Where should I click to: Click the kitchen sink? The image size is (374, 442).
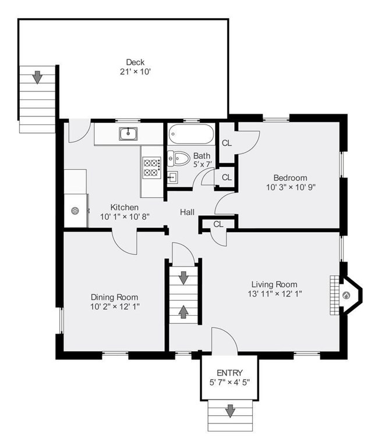point(128,134)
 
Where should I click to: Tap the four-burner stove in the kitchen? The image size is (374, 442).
point(152,167)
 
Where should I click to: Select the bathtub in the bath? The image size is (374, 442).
point(191,134)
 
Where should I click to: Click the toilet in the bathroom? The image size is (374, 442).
point(178,158)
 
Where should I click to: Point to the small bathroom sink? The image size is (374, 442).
point(172,177)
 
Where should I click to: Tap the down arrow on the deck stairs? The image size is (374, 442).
point(37,77)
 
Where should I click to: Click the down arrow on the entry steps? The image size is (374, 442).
point(230,411)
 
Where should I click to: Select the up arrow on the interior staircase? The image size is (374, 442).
point(184,312)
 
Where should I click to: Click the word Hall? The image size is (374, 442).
point(187,212)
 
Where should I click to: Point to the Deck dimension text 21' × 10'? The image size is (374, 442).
point(136,72)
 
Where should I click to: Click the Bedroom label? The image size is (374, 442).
point(291,178)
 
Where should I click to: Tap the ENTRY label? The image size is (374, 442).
point(230,373)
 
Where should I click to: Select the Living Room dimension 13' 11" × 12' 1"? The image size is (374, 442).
point(275,294)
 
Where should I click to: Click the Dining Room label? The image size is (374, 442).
point(114,297)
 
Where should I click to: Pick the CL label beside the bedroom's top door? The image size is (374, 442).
point(227,143)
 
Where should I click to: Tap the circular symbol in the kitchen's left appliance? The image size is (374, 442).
point(75,211)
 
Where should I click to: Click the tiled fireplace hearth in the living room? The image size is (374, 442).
point(334,295)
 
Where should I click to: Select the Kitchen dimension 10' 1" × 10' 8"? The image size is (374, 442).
point(125,217)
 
